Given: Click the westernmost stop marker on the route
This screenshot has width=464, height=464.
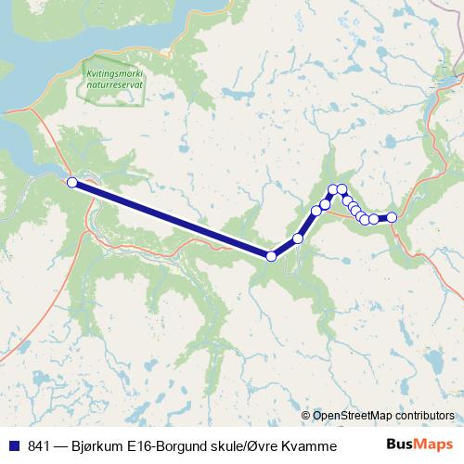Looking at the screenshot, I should click(x=71, y=183).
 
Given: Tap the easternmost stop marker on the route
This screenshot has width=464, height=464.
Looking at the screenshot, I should click(x=392, y=217).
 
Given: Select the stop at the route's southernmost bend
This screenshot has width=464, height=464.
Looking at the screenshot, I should click(x=271, y=256).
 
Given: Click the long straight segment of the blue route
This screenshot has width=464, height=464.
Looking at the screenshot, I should click(x=172, y=220).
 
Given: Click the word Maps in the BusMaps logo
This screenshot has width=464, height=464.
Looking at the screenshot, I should click(x=433, y=445).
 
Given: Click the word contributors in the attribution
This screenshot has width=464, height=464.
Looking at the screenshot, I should click(x=426, y=415).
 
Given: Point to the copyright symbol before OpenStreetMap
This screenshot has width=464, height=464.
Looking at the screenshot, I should click(x=306, y=415).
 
